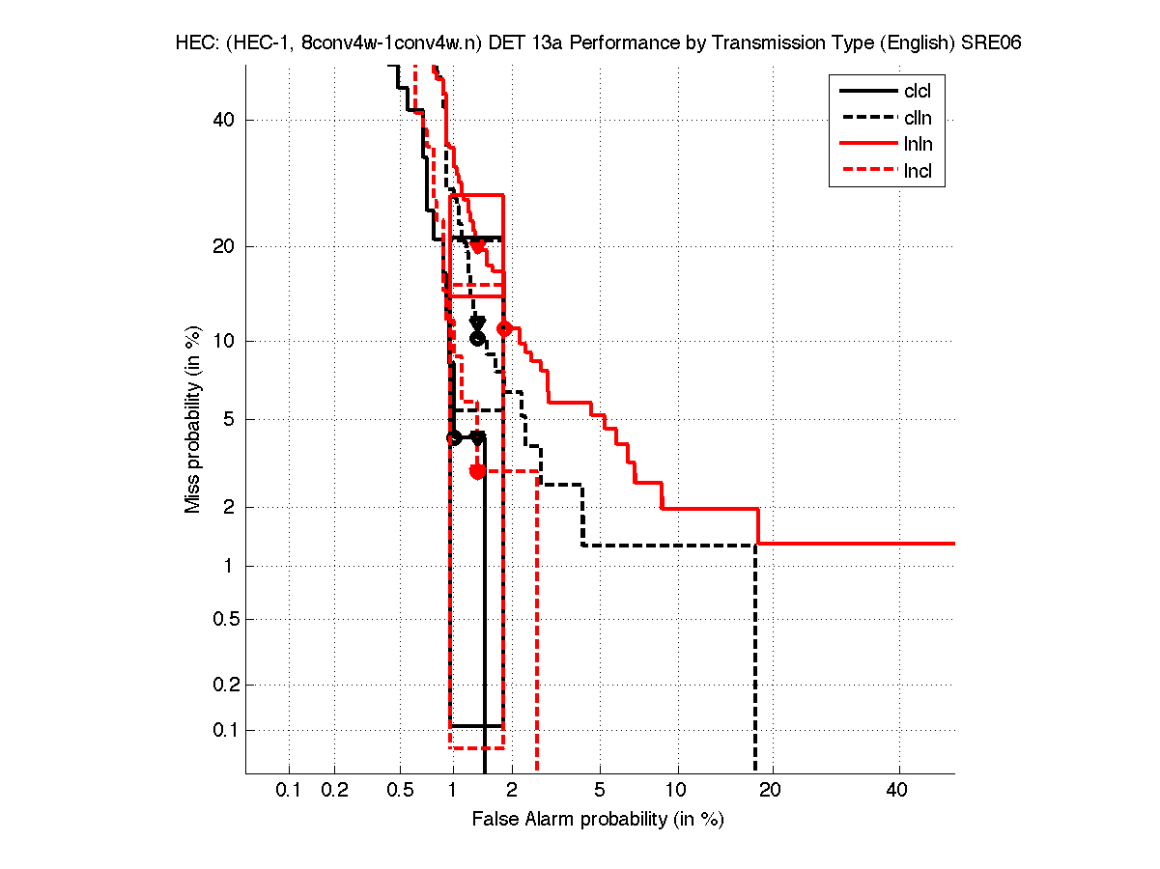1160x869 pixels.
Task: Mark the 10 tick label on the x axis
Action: tap(677, 791)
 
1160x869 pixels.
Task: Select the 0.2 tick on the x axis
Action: tap(334, 791)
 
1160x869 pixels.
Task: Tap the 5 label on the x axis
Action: tap(600, 791)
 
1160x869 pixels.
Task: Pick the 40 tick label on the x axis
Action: tap(897, 791)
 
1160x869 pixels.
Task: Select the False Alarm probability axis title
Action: tap(598, 820)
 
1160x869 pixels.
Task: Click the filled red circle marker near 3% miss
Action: tap(477, 471)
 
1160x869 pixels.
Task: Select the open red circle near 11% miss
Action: tap(503, 328)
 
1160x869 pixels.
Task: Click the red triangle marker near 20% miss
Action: tap(477, 247)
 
